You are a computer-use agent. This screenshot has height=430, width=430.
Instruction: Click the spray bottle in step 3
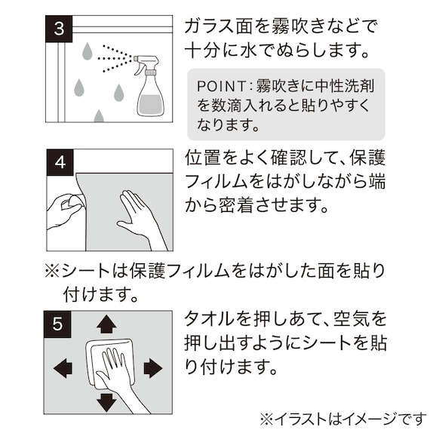coord(149,89)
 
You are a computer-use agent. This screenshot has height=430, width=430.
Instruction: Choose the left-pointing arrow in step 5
coord(63,368)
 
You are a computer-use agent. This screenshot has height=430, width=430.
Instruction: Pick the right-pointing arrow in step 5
coord(152,368)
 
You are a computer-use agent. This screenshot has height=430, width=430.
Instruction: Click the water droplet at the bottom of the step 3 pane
coord(98,117)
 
